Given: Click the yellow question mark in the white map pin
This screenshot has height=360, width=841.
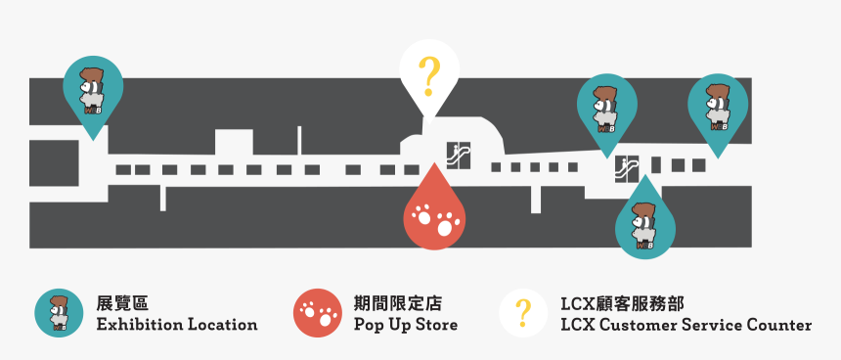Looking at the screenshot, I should point(428,74).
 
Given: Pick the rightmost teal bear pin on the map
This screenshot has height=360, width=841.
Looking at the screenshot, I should point(719,109).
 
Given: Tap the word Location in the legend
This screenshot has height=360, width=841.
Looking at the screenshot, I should point(223,325).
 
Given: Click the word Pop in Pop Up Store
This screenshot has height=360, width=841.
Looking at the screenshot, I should point(368,325).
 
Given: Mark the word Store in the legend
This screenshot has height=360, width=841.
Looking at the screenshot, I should point(435,325).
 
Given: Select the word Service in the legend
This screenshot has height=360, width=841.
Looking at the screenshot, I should point(713,325).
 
